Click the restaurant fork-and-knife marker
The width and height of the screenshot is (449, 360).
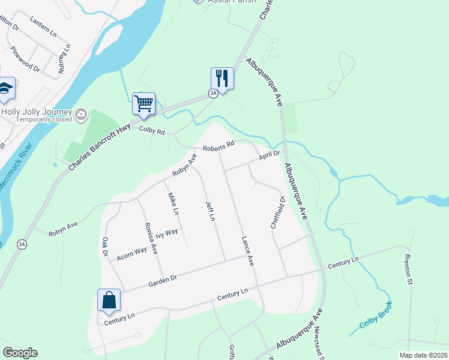[x=222, y=79]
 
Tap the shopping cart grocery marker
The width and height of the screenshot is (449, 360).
[x=143, y=104]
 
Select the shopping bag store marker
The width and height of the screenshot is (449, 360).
[x=109, y=300]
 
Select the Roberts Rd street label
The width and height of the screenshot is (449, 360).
[x=218, y=147]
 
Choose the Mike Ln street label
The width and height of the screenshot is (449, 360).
[x=173, y=204]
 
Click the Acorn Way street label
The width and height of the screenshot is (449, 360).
[x=131, y=251]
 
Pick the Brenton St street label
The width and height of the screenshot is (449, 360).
[x=409, y=272]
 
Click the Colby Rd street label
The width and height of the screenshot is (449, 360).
[x=152, y=129]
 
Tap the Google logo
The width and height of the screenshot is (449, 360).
[x=20, y=353]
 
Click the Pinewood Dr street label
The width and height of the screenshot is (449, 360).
[x=25, y=59]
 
